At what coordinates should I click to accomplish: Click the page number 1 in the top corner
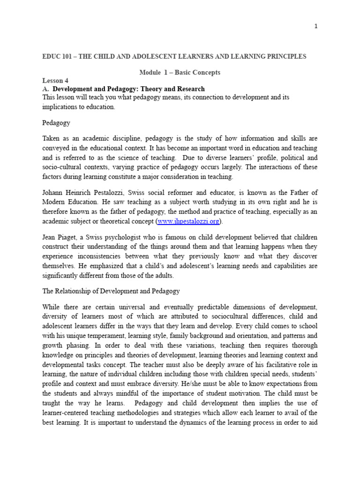tap(316, 26)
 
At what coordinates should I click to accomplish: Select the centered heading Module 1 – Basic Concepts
tap(180, 73)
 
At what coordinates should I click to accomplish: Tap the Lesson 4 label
tap(55, 81)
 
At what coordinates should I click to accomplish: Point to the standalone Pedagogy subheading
tap(56, 123)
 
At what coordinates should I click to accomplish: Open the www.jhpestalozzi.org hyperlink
tap(188, 221)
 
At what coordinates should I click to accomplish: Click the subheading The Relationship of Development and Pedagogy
tap(111, 291)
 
